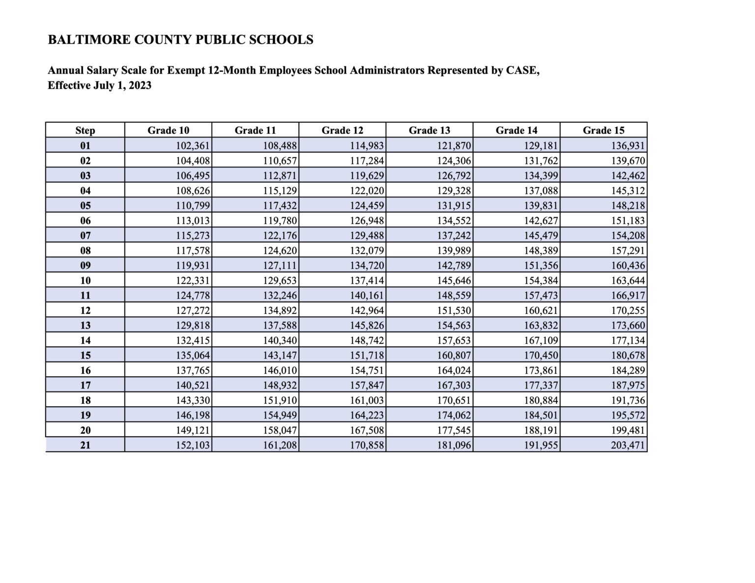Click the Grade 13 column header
click(x=429, y=130)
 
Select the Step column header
click(x=85, y=130)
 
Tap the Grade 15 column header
click(x=603, y=130)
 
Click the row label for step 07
click(x=85, y=235)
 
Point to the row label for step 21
click(x=85, y=445)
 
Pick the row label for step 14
click(x=85, y=340)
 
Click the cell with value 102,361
click(x=193, y=145)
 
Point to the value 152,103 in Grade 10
click(x=193, y=445)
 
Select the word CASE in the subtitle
click(x=522, y=71)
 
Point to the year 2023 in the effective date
click(x=140, y=85)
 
